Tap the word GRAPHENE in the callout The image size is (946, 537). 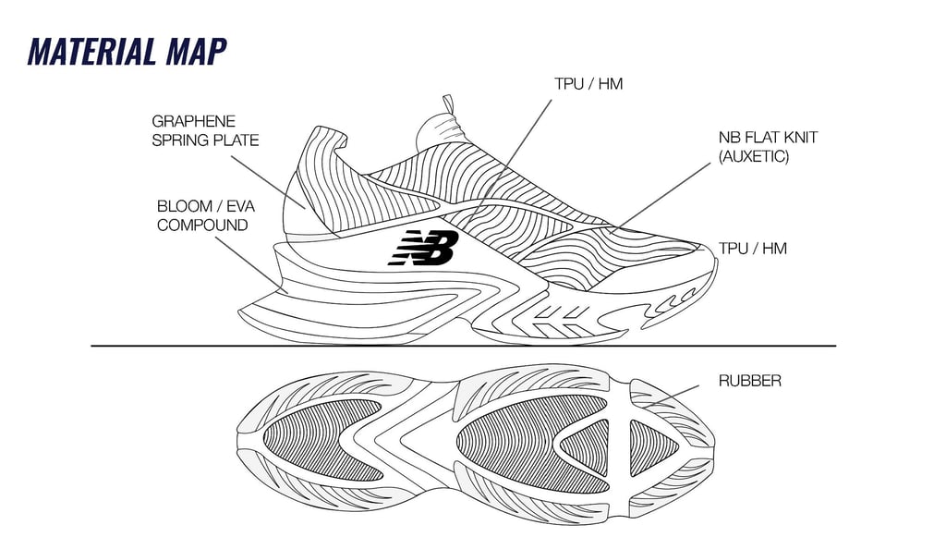pyautogui.click(x=193, y=121)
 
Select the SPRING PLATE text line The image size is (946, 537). pyautogui.click(x=205, y=140)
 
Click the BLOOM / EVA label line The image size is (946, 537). pyautogui.click(x=205, y=205)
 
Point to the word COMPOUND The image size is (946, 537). pyautogui.click(x=202, y=225)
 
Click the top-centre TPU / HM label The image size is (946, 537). pyautogui.click(x=588, y=84)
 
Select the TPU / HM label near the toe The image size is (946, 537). pyautogui.click(x=752, y=249)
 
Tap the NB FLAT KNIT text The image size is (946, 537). pyautogui.click(x=768, y=138)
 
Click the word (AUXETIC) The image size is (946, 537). pyautogui.click(x=754, y=157)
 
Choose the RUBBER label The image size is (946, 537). pyautogui.click(x=749, y=380)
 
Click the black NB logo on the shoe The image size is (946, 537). pyautogui.click(x=423, y=248)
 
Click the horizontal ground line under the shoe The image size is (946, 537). pyautogui.click(x=462, y=346)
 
